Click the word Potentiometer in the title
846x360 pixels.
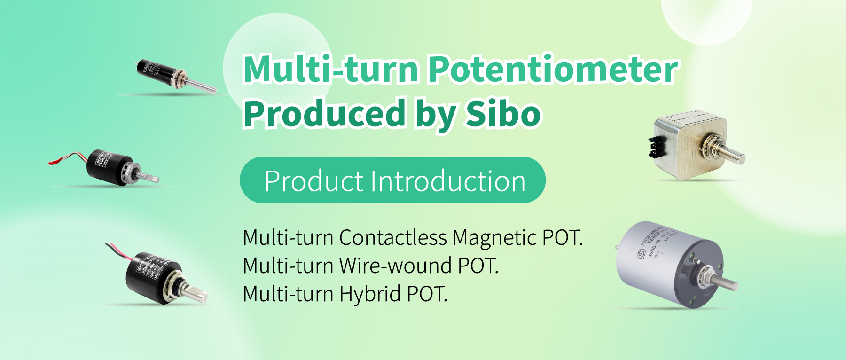point(553,70)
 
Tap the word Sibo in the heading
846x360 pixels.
point(503,113)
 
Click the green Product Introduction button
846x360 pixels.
point(392,180)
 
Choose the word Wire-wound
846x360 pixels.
point(396,266)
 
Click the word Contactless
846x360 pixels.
point(393,238)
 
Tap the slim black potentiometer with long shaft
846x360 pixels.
point(174,75)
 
